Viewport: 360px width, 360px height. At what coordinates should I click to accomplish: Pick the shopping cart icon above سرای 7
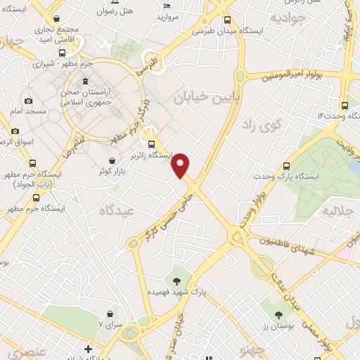tap(110, 314)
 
